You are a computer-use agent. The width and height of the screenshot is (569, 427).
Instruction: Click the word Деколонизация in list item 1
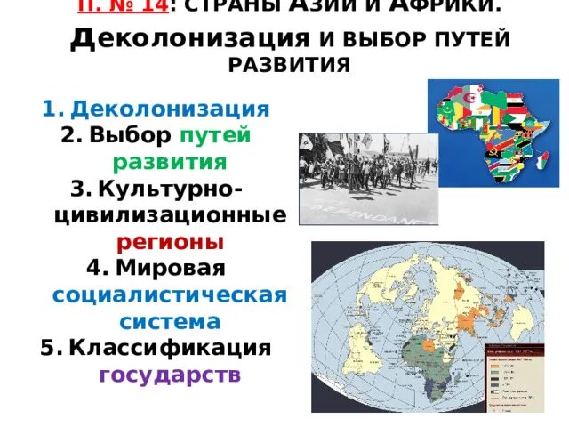(x=170, y=109)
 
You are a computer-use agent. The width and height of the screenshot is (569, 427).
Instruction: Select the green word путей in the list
(x=215, y=136)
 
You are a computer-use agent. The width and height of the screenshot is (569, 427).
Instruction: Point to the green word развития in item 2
(x=169, y=163)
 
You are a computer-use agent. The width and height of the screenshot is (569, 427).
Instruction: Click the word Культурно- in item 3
(x=173, y=189)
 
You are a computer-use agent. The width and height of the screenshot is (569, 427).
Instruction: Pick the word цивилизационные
(x=170, y=216)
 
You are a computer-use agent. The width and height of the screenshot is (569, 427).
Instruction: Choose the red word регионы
(x=170, y=243)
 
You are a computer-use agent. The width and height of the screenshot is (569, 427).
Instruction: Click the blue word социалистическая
(x=170, y=294)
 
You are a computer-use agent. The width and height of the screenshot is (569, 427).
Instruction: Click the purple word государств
(x=170, y=374)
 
